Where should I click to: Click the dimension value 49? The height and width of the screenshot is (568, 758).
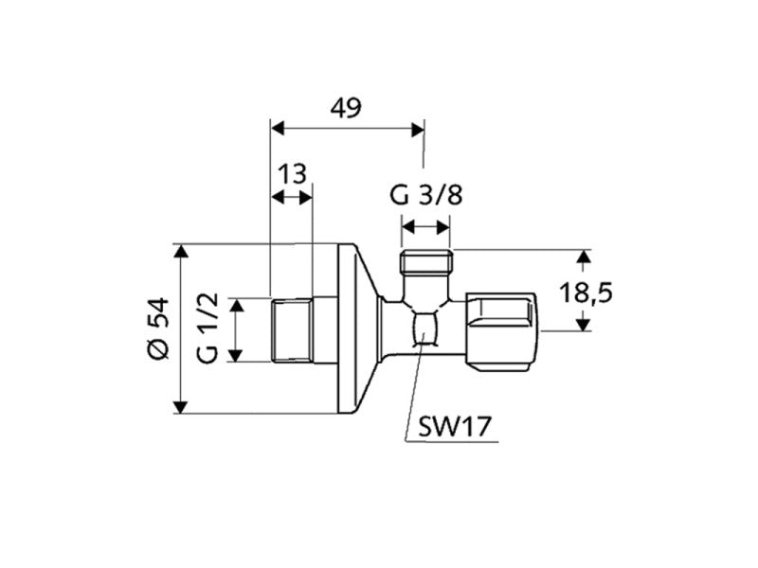pos(346,108)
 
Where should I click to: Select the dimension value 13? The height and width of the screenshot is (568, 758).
pos(293,174)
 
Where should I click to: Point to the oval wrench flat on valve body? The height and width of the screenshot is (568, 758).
pos(425,331)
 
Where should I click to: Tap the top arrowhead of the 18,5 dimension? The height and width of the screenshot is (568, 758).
pos(585,256)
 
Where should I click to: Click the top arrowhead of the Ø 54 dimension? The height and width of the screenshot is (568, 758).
pos(179,250)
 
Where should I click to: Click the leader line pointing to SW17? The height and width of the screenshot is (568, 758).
pos(412,398)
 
